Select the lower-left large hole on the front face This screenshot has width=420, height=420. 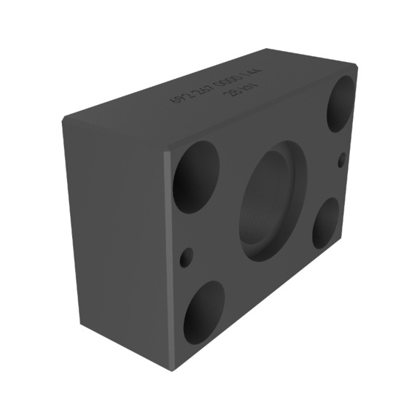pos(203,313)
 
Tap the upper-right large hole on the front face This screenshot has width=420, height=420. pos(341,103)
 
